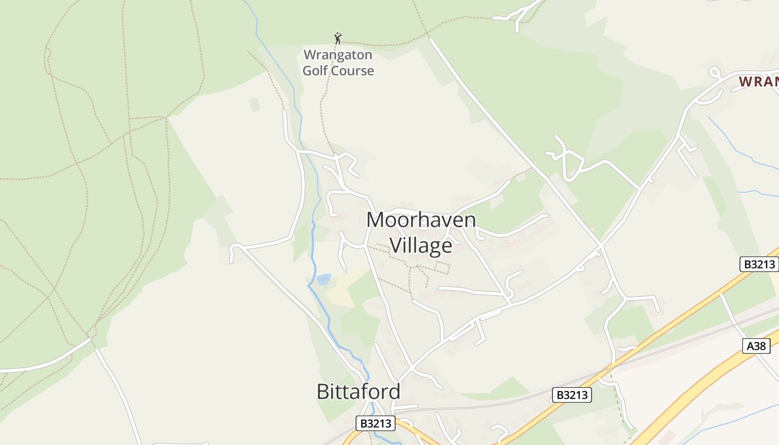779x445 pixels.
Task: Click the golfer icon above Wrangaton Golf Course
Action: pos(337,38)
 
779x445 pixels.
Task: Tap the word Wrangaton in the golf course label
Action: pos(338,56)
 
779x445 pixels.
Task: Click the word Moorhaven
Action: pos(421,220)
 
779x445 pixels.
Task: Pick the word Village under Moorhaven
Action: pos(421,245)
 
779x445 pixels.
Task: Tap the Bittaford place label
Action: pos(358,392)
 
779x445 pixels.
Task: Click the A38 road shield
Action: pos(756,346)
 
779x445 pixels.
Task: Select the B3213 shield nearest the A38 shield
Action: pos(759,264)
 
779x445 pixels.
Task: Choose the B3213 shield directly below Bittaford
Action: pos(376,423)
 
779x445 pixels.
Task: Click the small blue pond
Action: pos(323,279)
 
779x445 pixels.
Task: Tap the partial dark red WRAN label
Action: pos(758,82)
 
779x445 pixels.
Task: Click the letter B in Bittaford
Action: pos(323,392)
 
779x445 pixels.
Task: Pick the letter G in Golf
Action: pos(307,71)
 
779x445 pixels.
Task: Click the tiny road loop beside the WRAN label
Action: pos(714,72)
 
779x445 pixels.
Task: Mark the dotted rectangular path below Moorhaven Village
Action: pos(442,268)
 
